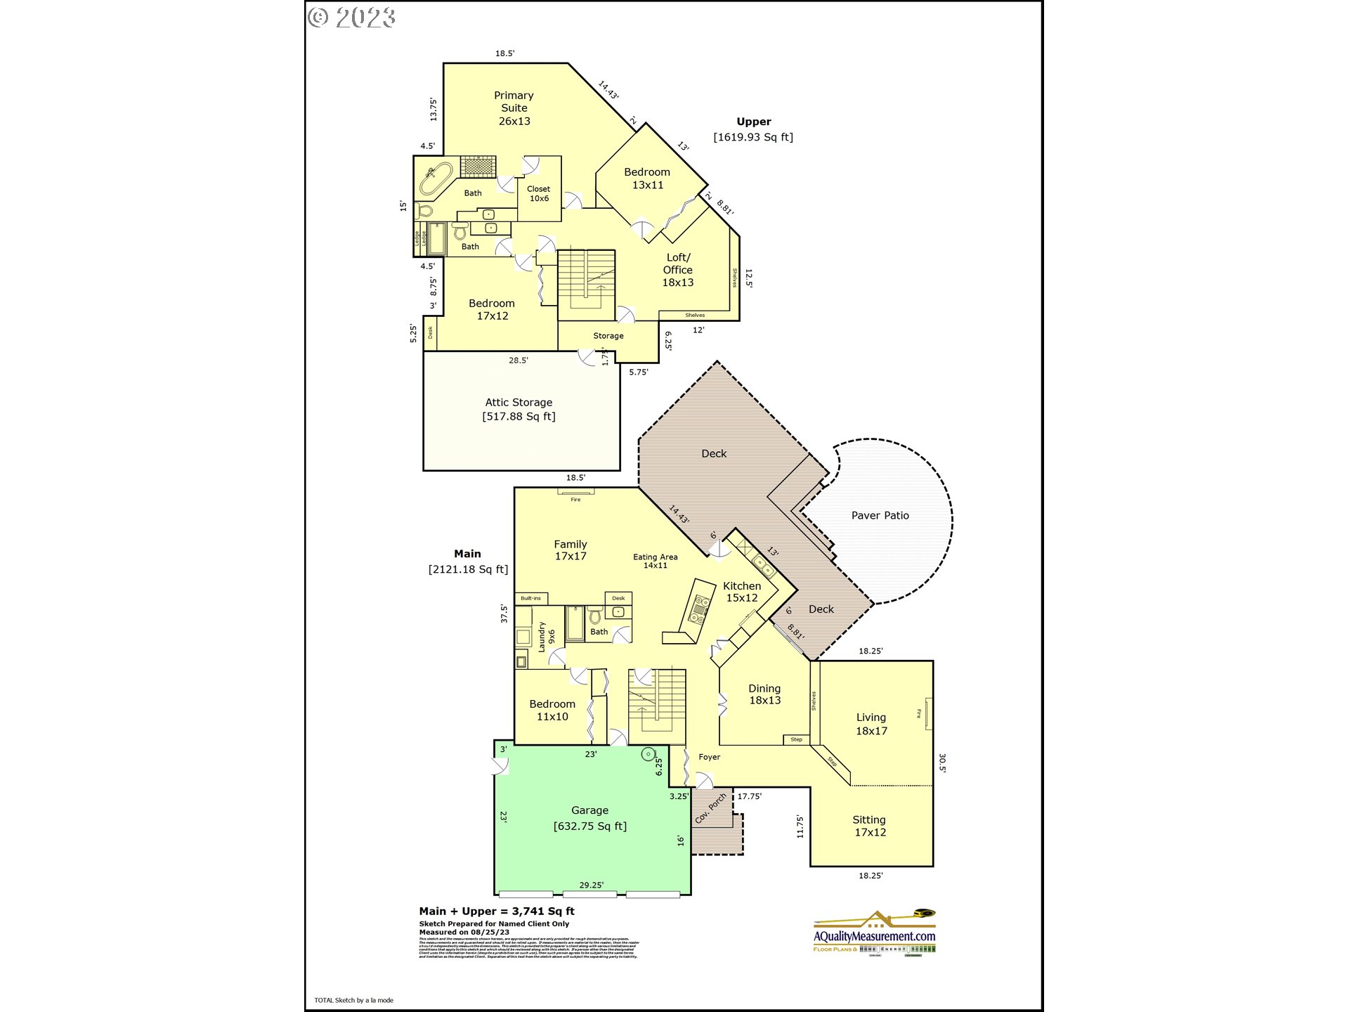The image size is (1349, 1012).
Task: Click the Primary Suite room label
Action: (514, 108)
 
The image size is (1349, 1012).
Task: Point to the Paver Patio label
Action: (880, 515)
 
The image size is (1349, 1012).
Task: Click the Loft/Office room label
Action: (677, 270)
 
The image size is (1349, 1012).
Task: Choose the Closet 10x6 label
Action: (539, 193)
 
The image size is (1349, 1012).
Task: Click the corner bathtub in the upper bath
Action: (436, 178)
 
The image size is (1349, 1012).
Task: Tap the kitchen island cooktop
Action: (700, 610)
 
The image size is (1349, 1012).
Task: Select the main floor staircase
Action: (656, 703)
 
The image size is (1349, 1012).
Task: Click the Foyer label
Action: (709, 757)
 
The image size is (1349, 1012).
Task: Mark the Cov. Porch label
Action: (710, 808)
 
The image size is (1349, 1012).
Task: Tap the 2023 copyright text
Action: (352, 17)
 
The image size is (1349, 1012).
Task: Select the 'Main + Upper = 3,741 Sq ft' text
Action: (497, 911)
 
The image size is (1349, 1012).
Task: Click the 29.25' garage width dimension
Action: (591, 885)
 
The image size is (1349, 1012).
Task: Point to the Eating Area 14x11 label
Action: (655, 561)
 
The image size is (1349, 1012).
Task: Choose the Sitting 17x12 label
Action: (870, 826)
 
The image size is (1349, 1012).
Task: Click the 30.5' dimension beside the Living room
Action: (941, 763)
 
